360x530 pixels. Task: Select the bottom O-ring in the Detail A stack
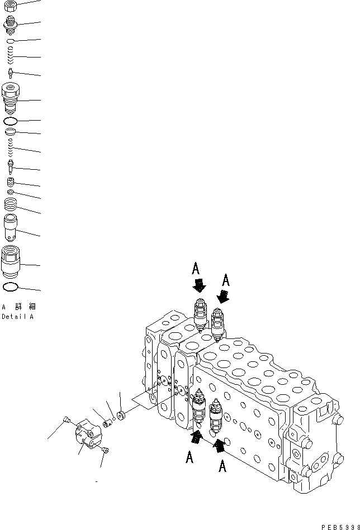coord(11,287)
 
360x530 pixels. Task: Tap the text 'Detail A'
coord(17,317)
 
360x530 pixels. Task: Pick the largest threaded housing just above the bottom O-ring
coord(11,261)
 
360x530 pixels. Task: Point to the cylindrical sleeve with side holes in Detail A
coord(11,228)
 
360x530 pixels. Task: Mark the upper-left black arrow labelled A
coord(198,286)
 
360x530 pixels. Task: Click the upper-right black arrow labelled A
coord(223,297)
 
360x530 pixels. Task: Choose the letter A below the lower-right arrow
coord(222,466)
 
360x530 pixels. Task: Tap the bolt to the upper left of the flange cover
coord(67,420)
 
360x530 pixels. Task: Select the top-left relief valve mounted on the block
coord(200,316)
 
